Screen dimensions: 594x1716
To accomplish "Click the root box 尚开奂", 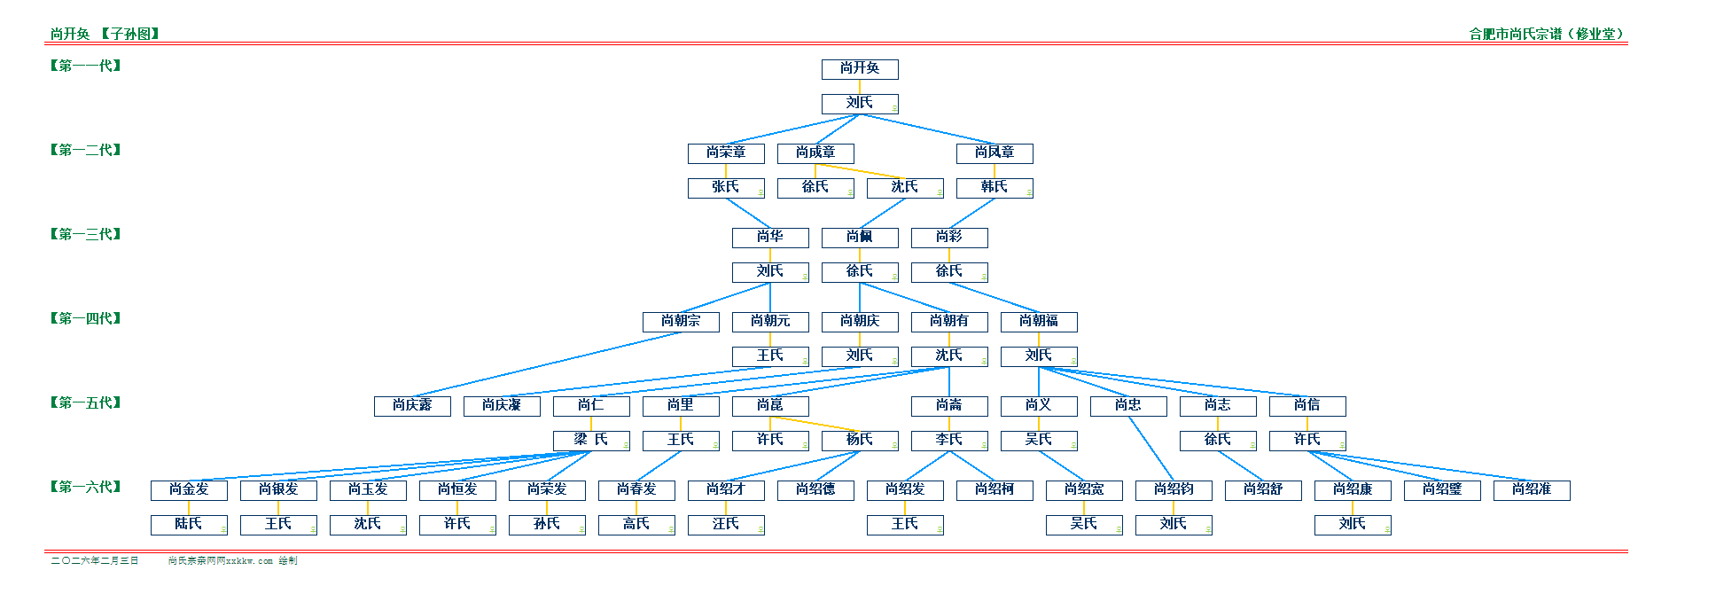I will click(x=859, y=69).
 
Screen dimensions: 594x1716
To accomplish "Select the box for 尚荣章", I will click(x=725, y=153).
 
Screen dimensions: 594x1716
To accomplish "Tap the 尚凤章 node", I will click(x=994, y=153).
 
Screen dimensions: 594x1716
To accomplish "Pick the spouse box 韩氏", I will click(x=994, y=188).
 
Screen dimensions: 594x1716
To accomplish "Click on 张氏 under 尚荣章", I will click(x=725, y=188).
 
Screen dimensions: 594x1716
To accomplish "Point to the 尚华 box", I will click(x=769, y=238).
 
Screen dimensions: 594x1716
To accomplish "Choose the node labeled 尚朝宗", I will click(x=680, y=322).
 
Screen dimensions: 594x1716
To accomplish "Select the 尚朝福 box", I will click(x=1038, y=322).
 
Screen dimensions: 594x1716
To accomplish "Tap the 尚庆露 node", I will click(x=412, y=406).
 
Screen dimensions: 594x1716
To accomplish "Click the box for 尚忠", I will click(x=1127, y=406).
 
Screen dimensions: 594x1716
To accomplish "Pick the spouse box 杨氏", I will click(x=859, y=441).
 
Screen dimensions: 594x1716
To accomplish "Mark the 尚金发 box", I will click(x=189, y=490).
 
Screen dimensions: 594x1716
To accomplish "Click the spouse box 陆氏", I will click(x=189, y=525).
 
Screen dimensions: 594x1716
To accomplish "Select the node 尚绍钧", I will click(x=1173, y=490).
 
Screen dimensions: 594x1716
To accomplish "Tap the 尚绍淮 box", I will click(x=1531, y=490).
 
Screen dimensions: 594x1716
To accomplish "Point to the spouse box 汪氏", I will click(x=725, y=525).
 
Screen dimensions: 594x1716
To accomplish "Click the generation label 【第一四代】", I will click(x=85, y=318).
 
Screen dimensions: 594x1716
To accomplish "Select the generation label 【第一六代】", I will click(x=85, y=487).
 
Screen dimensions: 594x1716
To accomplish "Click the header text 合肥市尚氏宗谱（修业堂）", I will click(x=1548, y=34).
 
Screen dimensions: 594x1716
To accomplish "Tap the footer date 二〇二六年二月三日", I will click(x=95, y=560).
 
